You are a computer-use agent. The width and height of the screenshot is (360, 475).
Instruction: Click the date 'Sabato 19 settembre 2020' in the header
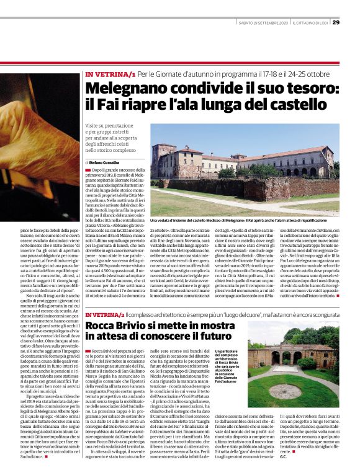tap(264, 24)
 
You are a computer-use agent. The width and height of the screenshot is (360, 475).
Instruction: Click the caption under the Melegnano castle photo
tap(245, 220)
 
